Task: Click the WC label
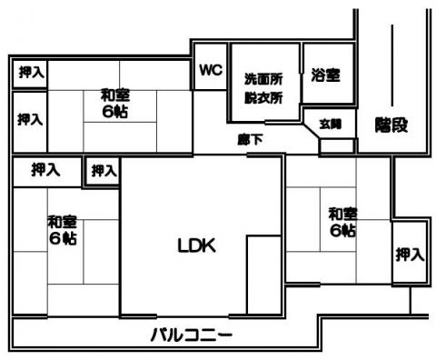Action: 211,70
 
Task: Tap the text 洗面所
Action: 263,79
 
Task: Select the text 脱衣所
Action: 263,98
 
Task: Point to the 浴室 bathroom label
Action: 325,75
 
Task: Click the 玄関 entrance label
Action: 331,125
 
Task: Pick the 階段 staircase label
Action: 391,125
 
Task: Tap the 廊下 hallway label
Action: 250,140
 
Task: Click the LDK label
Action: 197,245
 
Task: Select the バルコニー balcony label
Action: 192,335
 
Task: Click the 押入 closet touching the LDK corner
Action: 104,171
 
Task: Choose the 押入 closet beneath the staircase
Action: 411,255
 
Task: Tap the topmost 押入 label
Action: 32,73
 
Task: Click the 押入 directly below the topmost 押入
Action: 30,119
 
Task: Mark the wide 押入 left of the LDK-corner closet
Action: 45,170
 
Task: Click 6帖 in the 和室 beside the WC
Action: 115,112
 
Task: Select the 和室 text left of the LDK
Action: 63,222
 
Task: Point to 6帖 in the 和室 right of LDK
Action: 342,231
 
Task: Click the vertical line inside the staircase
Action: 392,65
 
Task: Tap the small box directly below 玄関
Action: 337,146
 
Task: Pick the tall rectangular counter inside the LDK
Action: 264,275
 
